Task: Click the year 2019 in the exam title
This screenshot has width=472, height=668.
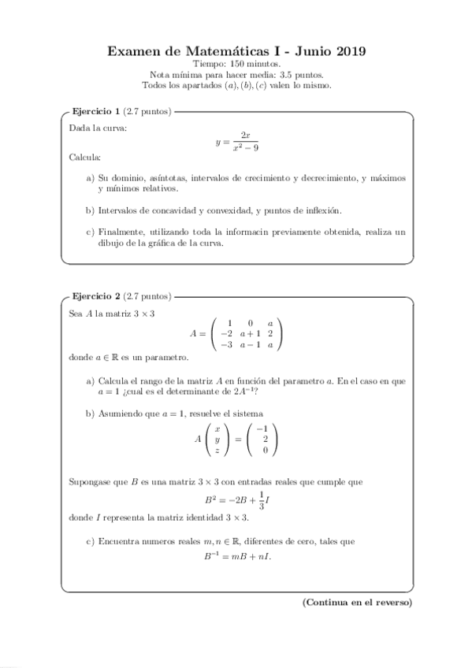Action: click(347, 52)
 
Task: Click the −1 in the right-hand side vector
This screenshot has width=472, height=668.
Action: click(264, 429)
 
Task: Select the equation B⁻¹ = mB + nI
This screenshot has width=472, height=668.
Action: click(236, 556)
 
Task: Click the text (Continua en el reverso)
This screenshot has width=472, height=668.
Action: click(357, 603)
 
